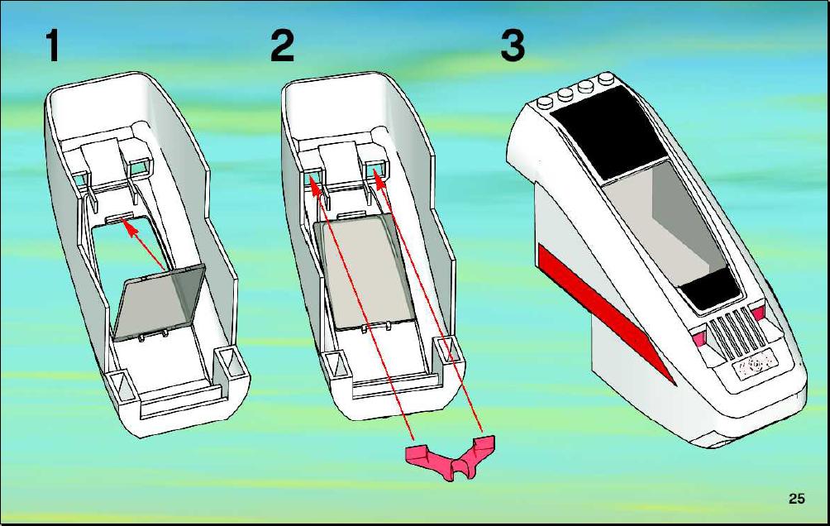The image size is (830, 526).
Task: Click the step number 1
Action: click(x=52, y=45)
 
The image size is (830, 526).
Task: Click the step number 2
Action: click(x=282, y=45)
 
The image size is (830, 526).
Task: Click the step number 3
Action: click(x=513, y=45)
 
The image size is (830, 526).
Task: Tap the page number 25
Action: click(x=796, y=499)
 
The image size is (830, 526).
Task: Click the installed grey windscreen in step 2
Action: click(x=365, y=272)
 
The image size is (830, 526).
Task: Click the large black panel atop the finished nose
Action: click(x=608, y=132)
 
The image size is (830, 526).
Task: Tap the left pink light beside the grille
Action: click(x=699, y=336)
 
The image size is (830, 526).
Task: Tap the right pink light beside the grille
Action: click(x=758, y=313)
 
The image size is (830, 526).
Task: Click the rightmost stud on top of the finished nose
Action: click(x=606, y=79)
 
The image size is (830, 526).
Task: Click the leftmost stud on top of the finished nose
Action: click(x=544, y=103)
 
